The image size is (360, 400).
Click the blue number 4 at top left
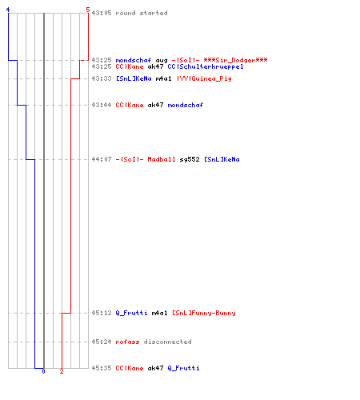pyautogui.click(x=8, y=10)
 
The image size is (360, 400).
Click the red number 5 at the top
pyautogui.click(x=88, y=10)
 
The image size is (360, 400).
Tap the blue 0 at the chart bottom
pyautogui.click(x=43, y=371)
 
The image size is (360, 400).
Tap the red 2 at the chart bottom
pyautogui.click(x=62, y=371)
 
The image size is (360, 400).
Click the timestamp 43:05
pyautogui.click(x=102, y=13)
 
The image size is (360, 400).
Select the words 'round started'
pyautogui.click(x=142, y=13)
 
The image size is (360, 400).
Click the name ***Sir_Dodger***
pyautogui.click(x=235, y=60)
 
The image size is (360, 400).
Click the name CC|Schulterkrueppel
pyautogui.click(x=206, y=66)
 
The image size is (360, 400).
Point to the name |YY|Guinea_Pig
pyautogui.click(x=204, y=78)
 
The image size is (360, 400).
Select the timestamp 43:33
pyautogui.click(x=102, y=78)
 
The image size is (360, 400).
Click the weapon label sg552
pyautogui.click(x=190, y=159)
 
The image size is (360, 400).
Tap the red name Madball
pyautogui.click(x=162, y=159)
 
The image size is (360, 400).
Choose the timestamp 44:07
pyautogui.click(x=102, y=159)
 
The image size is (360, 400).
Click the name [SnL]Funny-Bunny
pyautogui.click(x=204, y=313)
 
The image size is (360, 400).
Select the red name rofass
pyautogui.click(x=127, y=342)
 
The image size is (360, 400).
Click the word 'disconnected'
pyautogui.click(x=167, y=342)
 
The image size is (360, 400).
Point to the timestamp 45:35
pyautogui.click(x=102, y=368)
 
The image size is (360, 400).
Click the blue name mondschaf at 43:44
pyautogui.click(x=186, y=105)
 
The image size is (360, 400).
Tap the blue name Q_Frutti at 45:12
pyautogui.click(x=131, y=313)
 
